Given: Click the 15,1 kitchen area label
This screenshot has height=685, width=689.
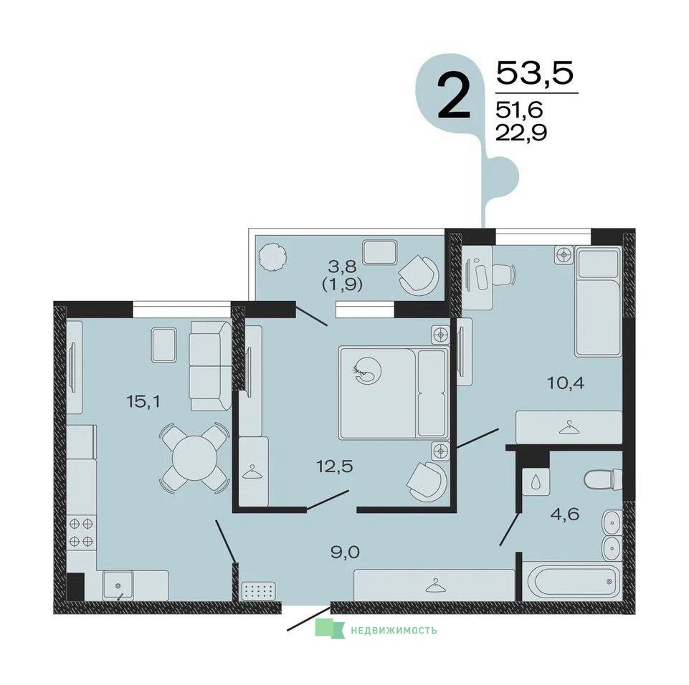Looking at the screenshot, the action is click(x=143, y=401).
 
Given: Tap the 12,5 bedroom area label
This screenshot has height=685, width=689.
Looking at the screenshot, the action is click(x=335, y=466).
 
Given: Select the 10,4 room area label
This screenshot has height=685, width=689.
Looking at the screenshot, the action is click(x=566, y=383).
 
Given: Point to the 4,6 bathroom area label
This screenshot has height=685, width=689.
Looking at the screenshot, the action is click(x=565, y=513).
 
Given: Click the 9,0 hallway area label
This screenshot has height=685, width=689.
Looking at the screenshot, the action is click(x=346, y=552).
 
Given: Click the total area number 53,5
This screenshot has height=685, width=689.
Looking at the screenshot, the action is click(x=535, y=73).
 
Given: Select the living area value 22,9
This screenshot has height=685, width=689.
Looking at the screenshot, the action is click(x=521, y=132).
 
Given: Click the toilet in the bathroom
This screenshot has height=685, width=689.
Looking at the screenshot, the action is click(x=604, y=479).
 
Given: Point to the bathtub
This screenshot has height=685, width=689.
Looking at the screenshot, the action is click(x=571, y=581).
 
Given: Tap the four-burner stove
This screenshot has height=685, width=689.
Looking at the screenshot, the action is click(x=81, y=532).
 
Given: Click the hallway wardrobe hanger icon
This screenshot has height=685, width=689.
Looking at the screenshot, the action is click(x=434, y=585).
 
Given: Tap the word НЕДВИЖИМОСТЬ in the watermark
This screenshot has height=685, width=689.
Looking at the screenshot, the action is click(x=394, y=631).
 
